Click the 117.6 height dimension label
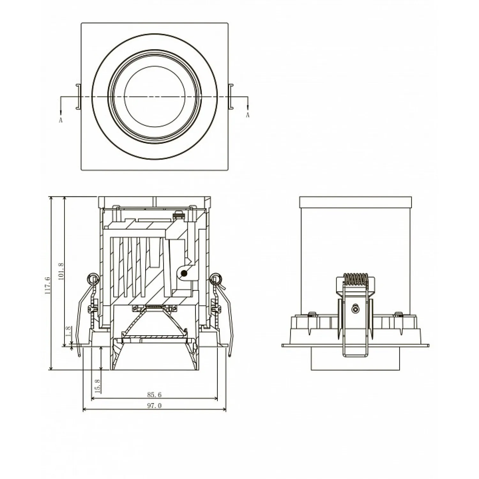tap(47, 285)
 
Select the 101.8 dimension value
tap(62, 271)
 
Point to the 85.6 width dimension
tap(154, 395)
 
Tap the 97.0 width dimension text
tap(154, 406)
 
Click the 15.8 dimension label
tap(98, 385)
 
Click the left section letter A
tap(61, 120)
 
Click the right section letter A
tap(247, 115)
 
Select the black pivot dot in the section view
tap(184, 273)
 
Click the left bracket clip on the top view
tap(78, 96)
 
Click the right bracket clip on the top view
tap(231, 96)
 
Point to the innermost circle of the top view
tap(155, 97)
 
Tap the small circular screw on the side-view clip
tap(355, 309)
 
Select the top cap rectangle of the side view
tap(355, 202)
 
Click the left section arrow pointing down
tap(61, 105)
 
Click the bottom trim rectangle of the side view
tap(355, 359)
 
